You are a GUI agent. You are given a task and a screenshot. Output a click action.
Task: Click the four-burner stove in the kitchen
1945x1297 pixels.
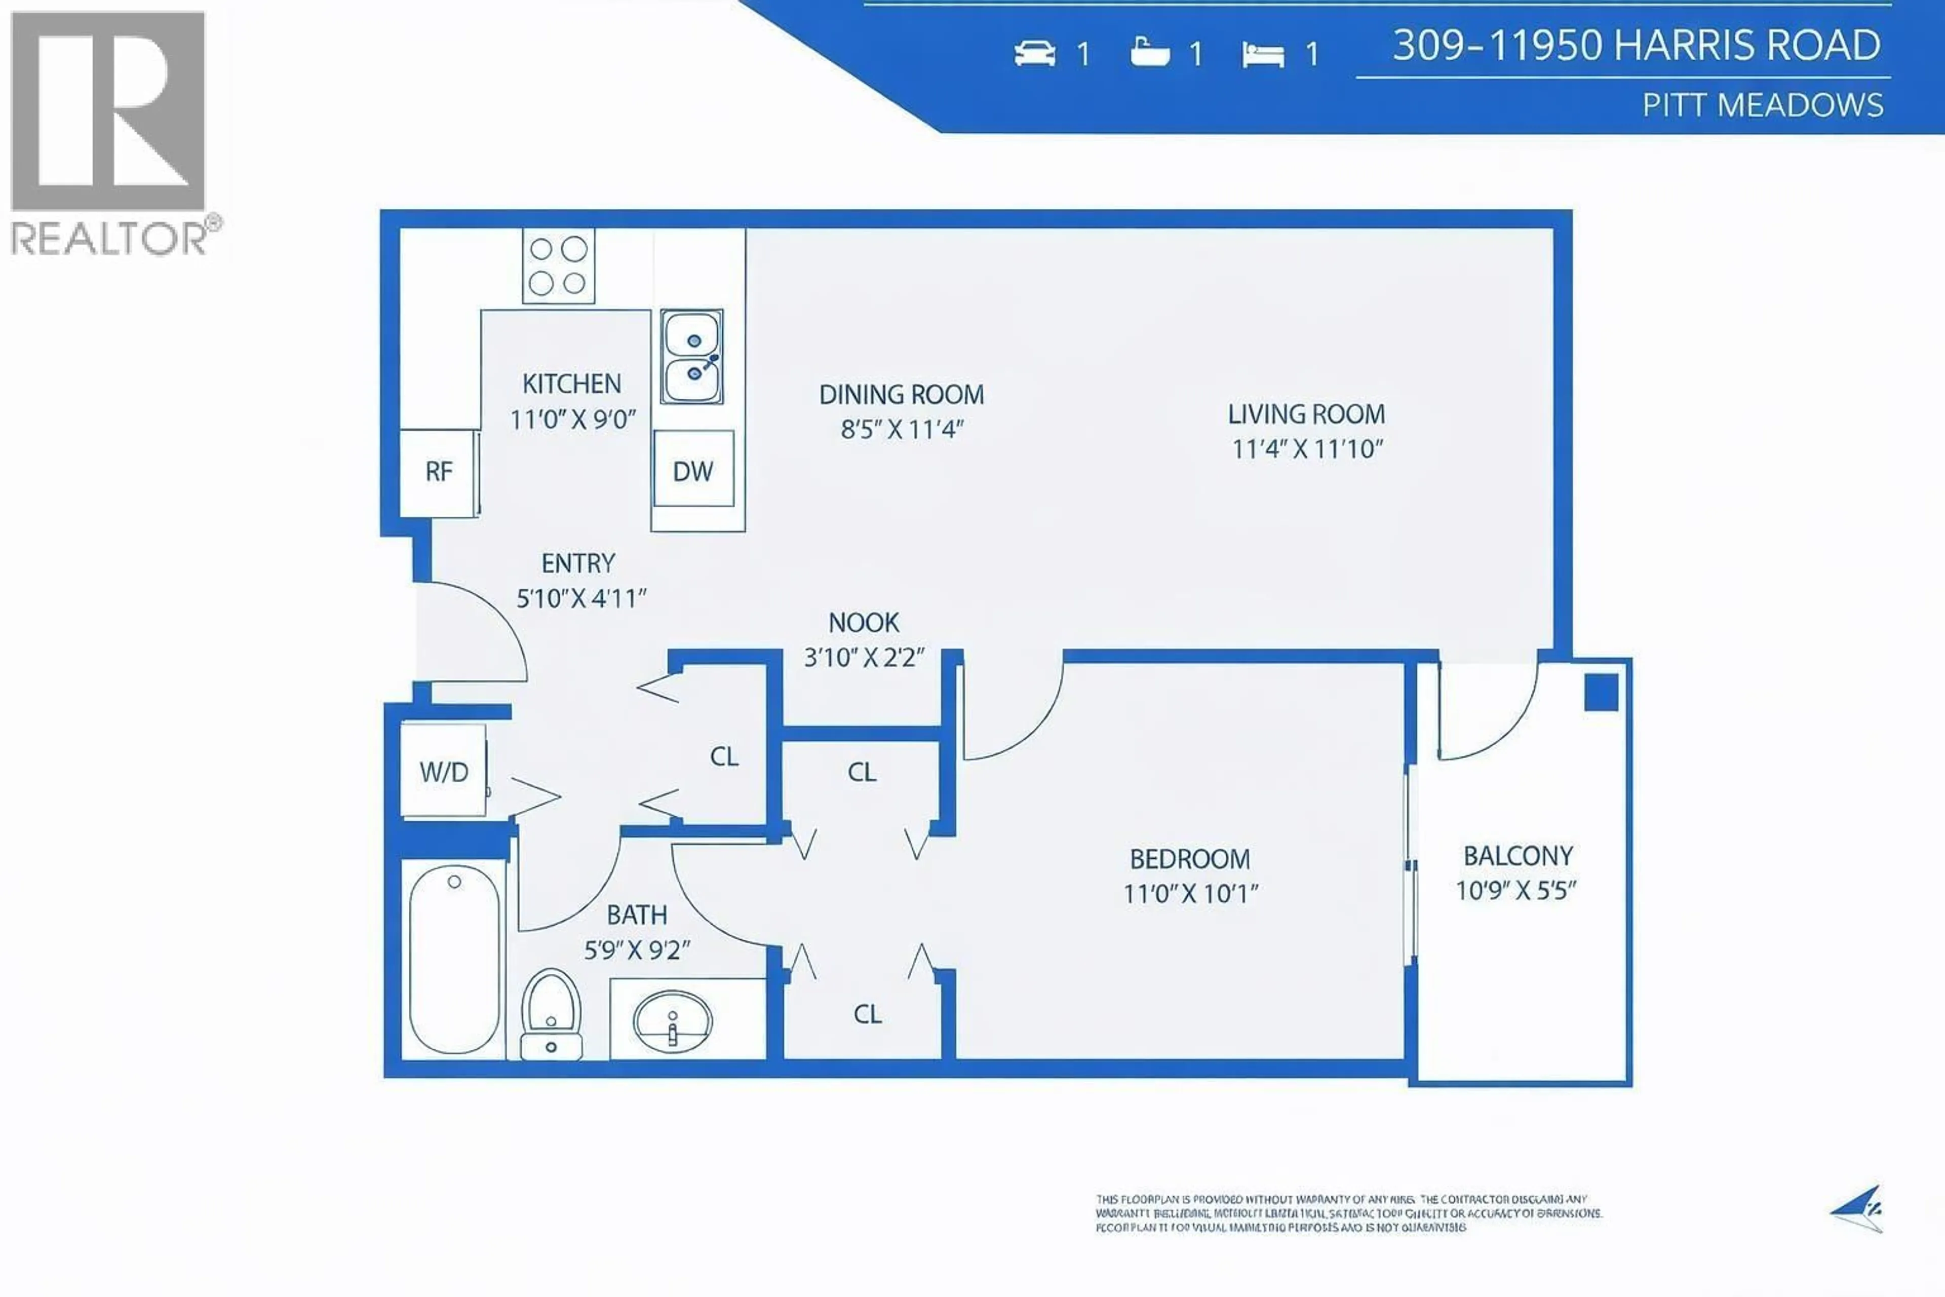pyautogui.click(x=558, y=265)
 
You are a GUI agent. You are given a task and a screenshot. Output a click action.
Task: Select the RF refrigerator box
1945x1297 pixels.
pyautogui.click(x=438, y=472)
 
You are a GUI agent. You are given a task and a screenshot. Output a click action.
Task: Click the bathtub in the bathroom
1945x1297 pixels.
pyautogui.click(x=453, y=958)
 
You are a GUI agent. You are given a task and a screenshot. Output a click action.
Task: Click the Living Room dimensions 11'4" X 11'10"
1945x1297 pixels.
pyautogui.click(x=1307, y=449)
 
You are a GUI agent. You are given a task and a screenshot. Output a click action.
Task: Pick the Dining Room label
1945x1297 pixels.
pyautogui.click(x=902, y=395)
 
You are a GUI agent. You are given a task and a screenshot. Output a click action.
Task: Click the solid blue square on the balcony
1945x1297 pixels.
pyautogui.click(x=1601, y=693)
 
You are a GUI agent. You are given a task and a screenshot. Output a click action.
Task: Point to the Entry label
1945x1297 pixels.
pyautogui.click(x=578, y=563)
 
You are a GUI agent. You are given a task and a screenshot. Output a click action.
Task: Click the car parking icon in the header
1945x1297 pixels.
pyautogui.click(x=1034, y=54)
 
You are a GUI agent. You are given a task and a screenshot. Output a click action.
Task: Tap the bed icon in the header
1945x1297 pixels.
pyautogui.click(x=1263, y=55)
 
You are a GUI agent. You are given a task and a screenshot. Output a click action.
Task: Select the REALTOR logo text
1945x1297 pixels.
pyautogui.click(x=110, y=238)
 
